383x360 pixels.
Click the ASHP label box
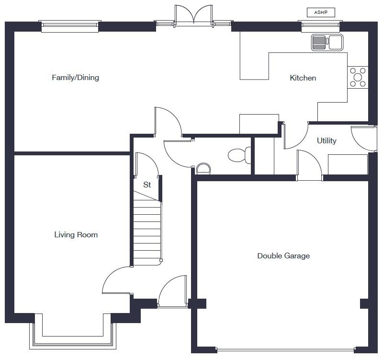coord(320,12)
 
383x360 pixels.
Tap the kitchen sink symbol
coord(327,42)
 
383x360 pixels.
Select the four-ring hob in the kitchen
coord(358,77)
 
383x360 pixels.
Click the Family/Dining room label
coord(75,77)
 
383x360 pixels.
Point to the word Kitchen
coord(303,78)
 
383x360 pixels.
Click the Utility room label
coord(327,140)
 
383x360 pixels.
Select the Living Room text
coord(76,234)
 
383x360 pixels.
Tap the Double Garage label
coord(283,255)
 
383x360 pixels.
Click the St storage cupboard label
coord(147,185)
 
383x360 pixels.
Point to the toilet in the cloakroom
coord(240,155)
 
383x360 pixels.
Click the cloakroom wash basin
coord(203,168)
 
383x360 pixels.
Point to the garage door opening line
coord(285,349)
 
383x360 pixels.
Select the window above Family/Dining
coord(70,26)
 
